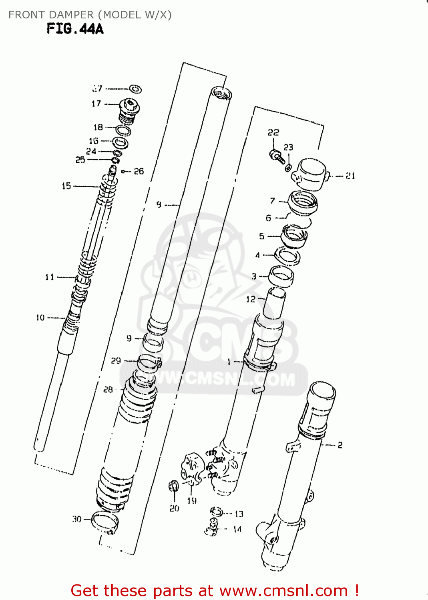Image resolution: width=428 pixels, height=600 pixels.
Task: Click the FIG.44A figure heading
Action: point(75,29)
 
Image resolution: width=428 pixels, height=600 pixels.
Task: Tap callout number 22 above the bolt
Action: point(273,132)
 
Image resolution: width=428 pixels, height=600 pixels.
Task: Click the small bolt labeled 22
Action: point(277,156)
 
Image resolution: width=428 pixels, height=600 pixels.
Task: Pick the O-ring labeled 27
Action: point(135,89)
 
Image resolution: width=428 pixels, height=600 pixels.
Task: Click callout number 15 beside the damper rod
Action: point(66,186)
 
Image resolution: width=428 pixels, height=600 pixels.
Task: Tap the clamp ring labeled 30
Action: point(105,522)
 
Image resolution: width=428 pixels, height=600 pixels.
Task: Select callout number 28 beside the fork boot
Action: point(108,390)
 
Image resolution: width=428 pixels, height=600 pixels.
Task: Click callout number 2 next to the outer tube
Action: point(340,445)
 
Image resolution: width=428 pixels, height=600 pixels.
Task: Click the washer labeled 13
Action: point(217,512)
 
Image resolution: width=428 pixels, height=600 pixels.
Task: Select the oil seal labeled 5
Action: point(294,236)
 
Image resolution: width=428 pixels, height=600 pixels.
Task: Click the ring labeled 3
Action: point(281,276)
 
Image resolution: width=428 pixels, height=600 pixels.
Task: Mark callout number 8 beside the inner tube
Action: point(159,205)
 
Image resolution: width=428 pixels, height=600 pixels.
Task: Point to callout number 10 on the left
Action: point(40,318)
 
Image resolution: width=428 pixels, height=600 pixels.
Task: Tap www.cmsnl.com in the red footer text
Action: point(283,590)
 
